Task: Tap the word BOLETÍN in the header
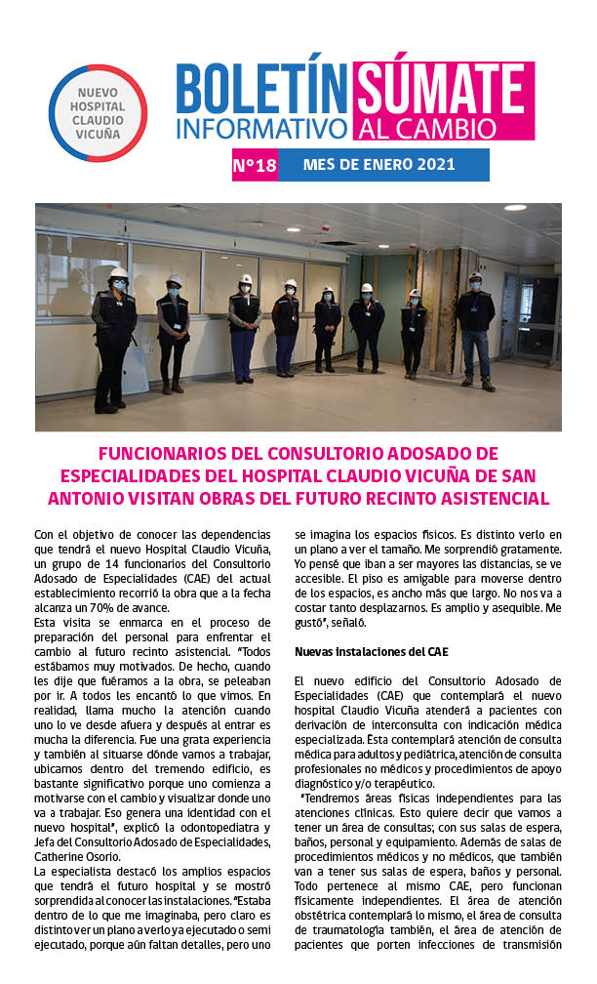click(x=262, y=90)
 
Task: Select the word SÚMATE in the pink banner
click(x=443, y=90)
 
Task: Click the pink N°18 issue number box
click(x=255, y=165)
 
